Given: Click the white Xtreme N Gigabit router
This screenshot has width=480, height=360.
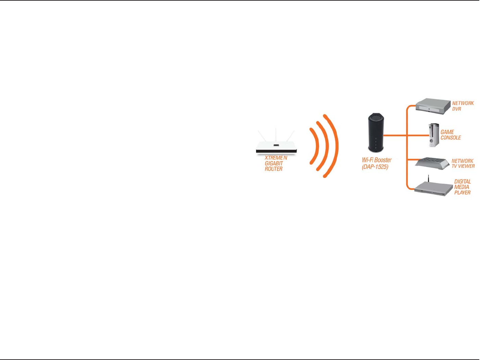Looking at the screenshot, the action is click(x=276, y=148).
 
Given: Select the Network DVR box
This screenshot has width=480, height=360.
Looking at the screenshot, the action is click(x=433, y=106).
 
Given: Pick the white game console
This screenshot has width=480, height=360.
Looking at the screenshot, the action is click(x=434, y=135).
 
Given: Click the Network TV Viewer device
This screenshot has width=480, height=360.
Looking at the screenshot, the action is click(x=432, y=163).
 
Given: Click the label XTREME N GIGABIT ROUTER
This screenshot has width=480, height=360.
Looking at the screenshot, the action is click(x=276, y=163).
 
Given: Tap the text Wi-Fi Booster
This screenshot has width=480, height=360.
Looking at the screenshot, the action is click(x=377, y=160).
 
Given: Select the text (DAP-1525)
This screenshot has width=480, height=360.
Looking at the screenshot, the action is click(x=375, y=167).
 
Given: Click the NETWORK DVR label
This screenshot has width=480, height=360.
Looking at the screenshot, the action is click(x=463, y=106).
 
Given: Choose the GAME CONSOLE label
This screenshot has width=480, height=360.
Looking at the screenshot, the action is click(x=451, y=135).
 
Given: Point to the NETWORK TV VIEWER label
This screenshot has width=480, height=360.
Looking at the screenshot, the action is click(x=463, y=163).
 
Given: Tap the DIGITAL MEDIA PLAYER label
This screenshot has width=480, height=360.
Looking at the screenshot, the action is click(x=463, y=187).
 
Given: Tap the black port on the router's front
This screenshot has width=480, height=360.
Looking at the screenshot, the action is click(x=276, y=145).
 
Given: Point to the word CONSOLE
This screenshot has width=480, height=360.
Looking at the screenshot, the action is click(x=451, y=138).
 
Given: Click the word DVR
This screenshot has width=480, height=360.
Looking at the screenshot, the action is click(x=457, y=109).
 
